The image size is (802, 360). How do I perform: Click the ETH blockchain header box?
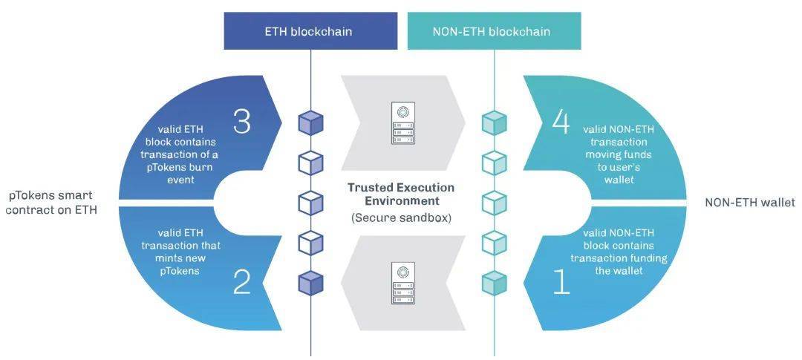tap(308, 32)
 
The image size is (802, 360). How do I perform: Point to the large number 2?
tap(242, 282)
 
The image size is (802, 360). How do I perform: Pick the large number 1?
tap(561, 282)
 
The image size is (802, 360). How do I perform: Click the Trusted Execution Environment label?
tap(400, 194)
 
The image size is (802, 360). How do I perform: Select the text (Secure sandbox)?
tap(400, 218)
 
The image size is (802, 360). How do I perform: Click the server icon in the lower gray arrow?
tap(401, 283)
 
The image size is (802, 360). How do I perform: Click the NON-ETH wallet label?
tap(749, 203)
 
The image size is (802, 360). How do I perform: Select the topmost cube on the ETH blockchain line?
tap(310, 122)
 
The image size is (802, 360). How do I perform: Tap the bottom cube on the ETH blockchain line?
tap(310, 282)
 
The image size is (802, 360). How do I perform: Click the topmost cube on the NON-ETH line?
tap(494, 122)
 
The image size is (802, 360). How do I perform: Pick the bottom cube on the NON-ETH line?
tap(494, 282)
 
